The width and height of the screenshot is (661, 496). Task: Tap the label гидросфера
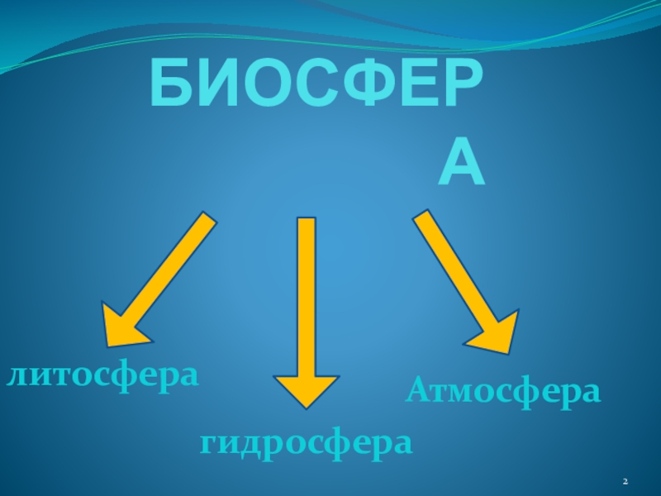coord(306,443)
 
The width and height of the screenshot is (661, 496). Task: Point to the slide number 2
coord(625,481)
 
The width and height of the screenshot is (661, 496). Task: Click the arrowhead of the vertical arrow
coord(307,389)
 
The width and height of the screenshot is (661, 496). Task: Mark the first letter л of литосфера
coord(17,376)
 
